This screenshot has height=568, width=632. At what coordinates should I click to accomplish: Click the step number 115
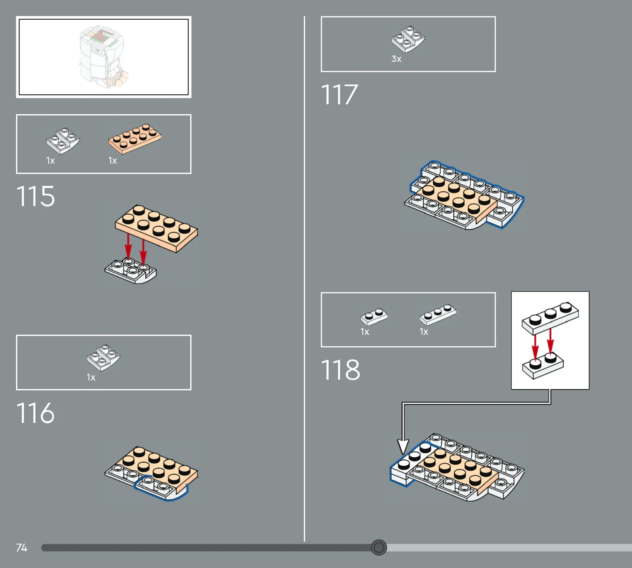point(35,196)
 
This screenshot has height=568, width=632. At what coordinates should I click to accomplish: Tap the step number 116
point(35,413)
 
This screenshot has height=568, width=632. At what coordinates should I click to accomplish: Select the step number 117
point(339,94)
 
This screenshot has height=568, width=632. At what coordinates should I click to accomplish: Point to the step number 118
point(340,370)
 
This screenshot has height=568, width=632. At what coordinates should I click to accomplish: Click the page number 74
point(21,547)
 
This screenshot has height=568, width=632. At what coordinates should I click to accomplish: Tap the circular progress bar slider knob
point(379,547)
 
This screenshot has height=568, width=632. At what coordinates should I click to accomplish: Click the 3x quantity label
point(396,59)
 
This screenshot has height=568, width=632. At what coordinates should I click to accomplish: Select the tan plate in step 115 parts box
point(135,139)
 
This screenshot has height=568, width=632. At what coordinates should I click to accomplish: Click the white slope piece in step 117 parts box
point(408,39)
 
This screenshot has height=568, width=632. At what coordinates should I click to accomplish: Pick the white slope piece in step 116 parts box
point(104,358)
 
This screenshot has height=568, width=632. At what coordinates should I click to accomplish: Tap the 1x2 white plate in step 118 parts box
point(374,317)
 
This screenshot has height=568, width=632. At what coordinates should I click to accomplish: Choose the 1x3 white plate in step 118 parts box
point(438,315)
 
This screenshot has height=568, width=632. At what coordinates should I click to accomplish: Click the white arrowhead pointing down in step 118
point(403,446)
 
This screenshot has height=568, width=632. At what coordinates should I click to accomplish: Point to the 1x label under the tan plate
point(113,160)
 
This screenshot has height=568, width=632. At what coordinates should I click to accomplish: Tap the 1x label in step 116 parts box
point(91,378)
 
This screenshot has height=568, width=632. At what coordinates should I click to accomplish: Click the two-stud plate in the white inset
point(543,366)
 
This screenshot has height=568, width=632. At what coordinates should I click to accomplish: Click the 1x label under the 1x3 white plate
point(424,332)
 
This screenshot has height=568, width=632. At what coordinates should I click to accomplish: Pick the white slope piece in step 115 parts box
point(63,141)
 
